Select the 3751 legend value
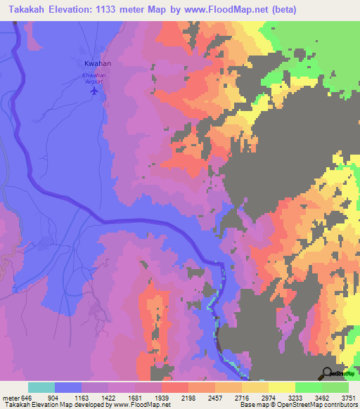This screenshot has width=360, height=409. coord(347,397)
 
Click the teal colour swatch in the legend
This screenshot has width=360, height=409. coord(41,387)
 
